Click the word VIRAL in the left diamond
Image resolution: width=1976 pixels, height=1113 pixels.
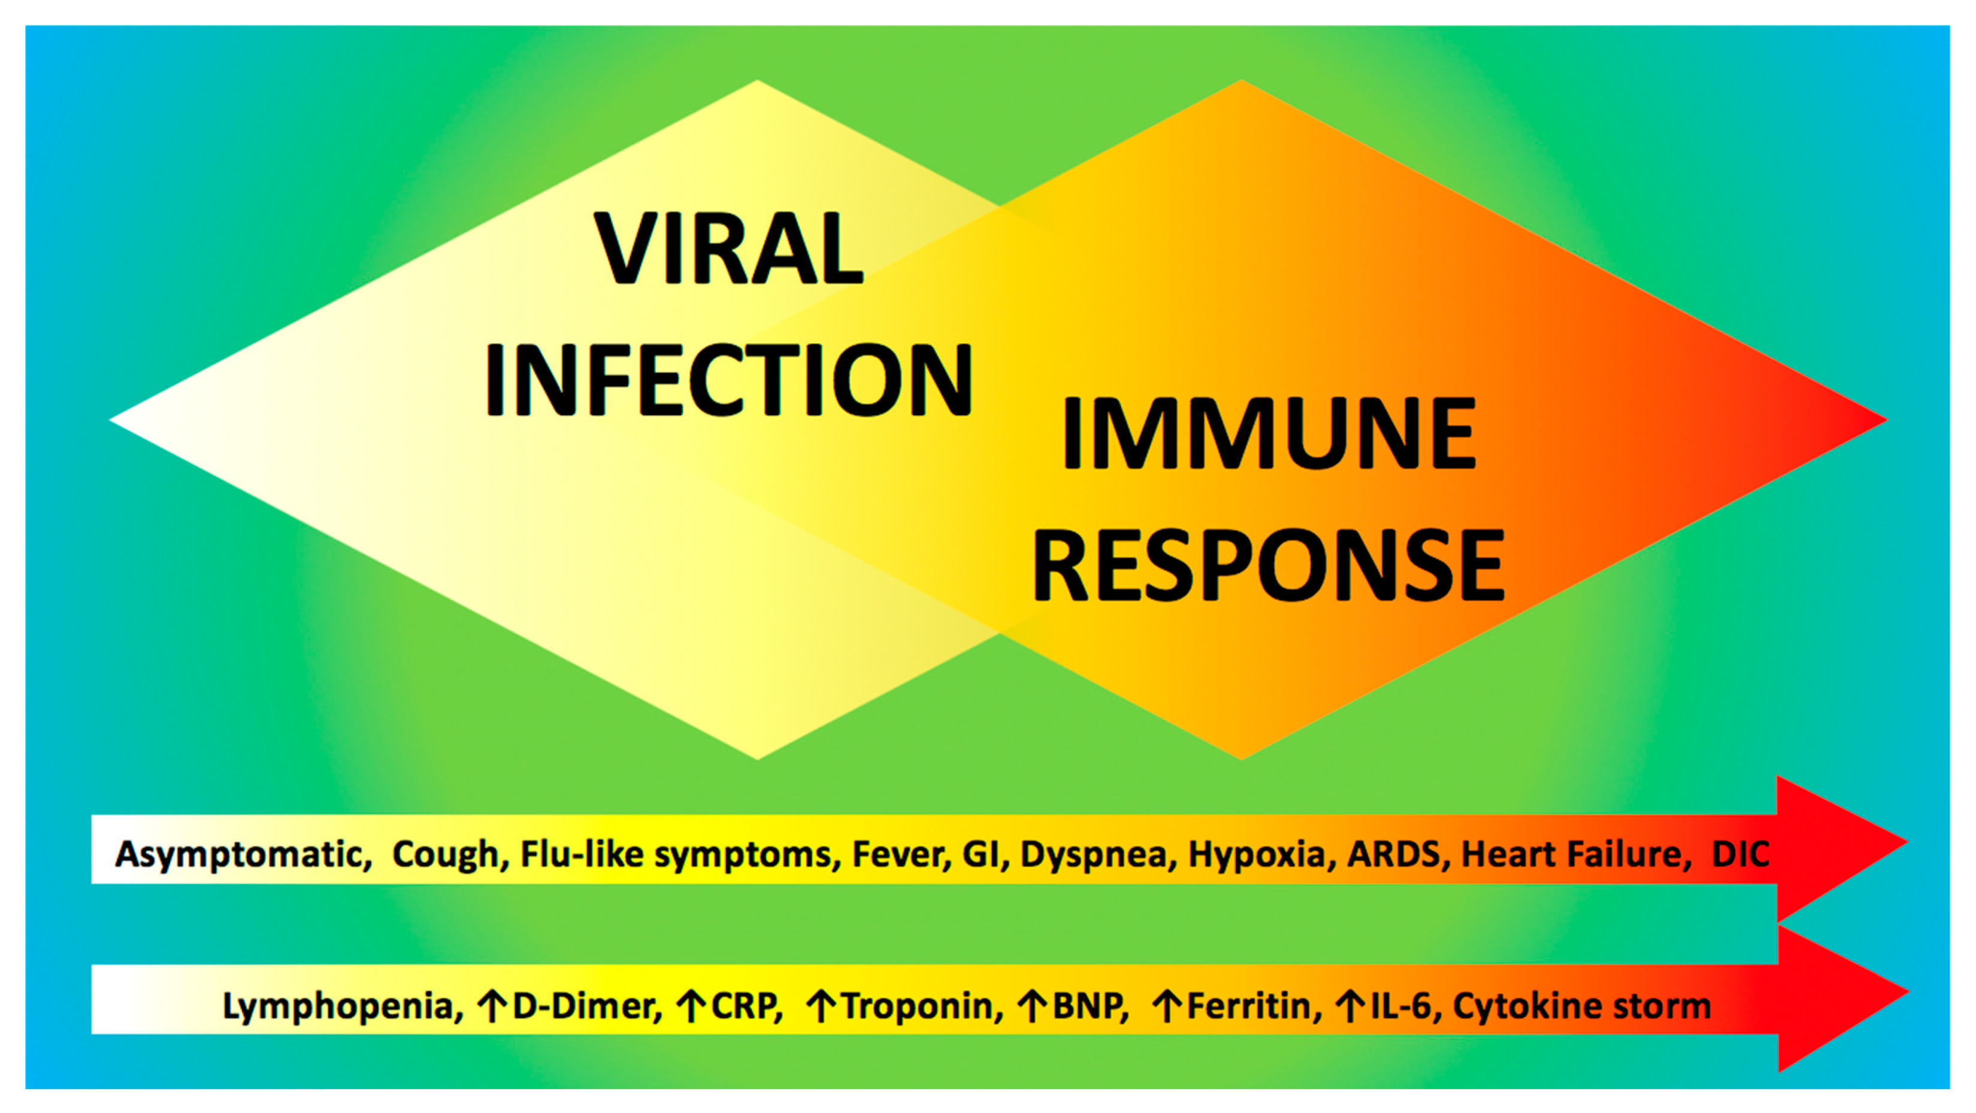(729, 249)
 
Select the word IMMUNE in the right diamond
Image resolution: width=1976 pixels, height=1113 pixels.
(1269, 433)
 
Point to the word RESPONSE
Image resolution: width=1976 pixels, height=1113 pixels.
(1269, 565)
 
